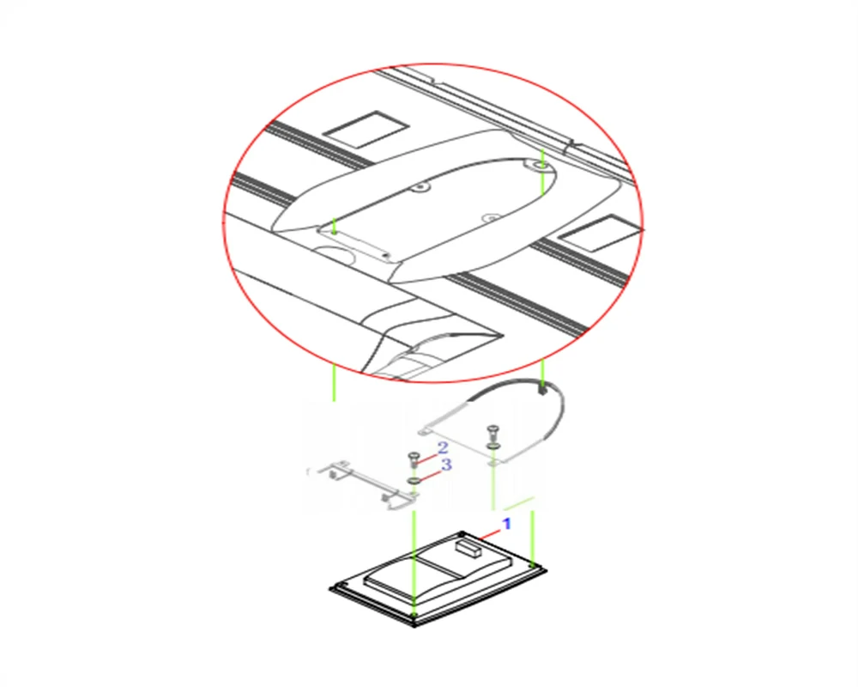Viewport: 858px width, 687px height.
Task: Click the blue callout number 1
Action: pos(507,524)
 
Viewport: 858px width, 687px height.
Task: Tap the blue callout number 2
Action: pos(442,448)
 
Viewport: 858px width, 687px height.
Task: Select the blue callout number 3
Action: pos(446,465)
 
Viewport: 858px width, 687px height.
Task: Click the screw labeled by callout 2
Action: pos(414,459)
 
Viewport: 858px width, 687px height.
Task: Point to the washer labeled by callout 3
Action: pos(414,481)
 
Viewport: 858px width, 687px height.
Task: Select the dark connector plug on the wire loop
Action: pos(541,391)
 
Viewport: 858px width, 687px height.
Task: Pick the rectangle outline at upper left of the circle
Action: pos(366,130)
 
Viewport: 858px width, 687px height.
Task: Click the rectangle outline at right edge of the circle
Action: pos(600,234)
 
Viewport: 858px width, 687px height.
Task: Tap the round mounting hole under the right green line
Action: pos(541,165)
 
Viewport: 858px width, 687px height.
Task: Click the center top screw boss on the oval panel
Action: pos(420,187)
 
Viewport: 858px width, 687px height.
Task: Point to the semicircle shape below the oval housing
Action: pos(335,257)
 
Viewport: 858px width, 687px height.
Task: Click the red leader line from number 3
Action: pos(430,474)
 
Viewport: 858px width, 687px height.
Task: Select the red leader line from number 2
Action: pos(426,457)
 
